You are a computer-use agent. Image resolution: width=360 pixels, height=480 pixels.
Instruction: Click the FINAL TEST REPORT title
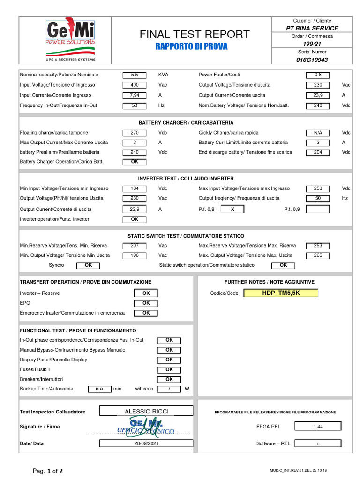tap(195, 34)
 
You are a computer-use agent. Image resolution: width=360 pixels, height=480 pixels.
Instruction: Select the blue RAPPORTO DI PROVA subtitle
tap(191, 46)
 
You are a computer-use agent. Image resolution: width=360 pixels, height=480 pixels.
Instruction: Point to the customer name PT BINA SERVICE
tap(312, 28)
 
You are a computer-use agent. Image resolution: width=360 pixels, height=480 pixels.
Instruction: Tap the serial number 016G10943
tap(312, 60)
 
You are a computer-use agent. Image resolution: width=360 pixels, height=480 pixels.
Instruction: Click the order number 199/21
tap(312, 44)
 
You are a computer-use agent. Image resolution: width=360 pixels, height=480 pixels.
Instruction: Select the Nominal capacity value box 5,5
tap(135, 75)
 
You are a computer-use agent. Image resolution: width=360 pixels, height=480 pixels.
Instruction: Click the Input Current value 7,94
tap(135, 95)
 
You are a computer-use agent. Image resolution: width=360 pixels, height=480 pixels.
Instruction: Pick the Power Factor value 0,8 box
tap(318, 75)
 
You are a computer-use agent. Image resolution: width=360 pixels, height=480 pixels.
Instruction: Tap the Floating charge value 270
tap(135, 133)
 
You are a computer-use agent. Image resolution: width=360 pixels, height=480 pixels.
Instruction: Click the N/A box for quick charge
tap(318, 133)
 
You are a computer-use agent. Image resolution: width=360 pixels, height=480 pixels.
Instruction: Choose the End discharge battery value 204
tap(318, 152)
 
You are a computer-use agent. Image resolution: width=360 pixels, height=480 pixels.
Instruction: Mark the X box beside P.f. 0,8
tap(232, 210)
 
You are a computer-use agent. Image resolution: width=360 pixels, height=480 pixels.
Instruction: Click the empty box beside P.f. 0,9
tap(318, 210)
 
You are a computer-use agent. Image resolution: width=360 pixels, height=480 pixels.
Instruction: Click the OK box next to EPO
tap(146, 303)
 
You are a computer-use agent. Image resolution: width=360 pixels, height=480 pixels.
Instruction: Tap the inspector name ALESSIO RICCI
tap(146, 412)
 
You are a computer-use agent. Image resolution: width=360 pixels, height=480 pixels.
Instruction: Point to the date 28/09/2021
tap(146, 443)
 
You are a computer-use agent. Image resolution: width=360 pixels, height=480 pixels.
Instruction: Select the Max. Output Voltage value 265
tap(318, 255)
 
